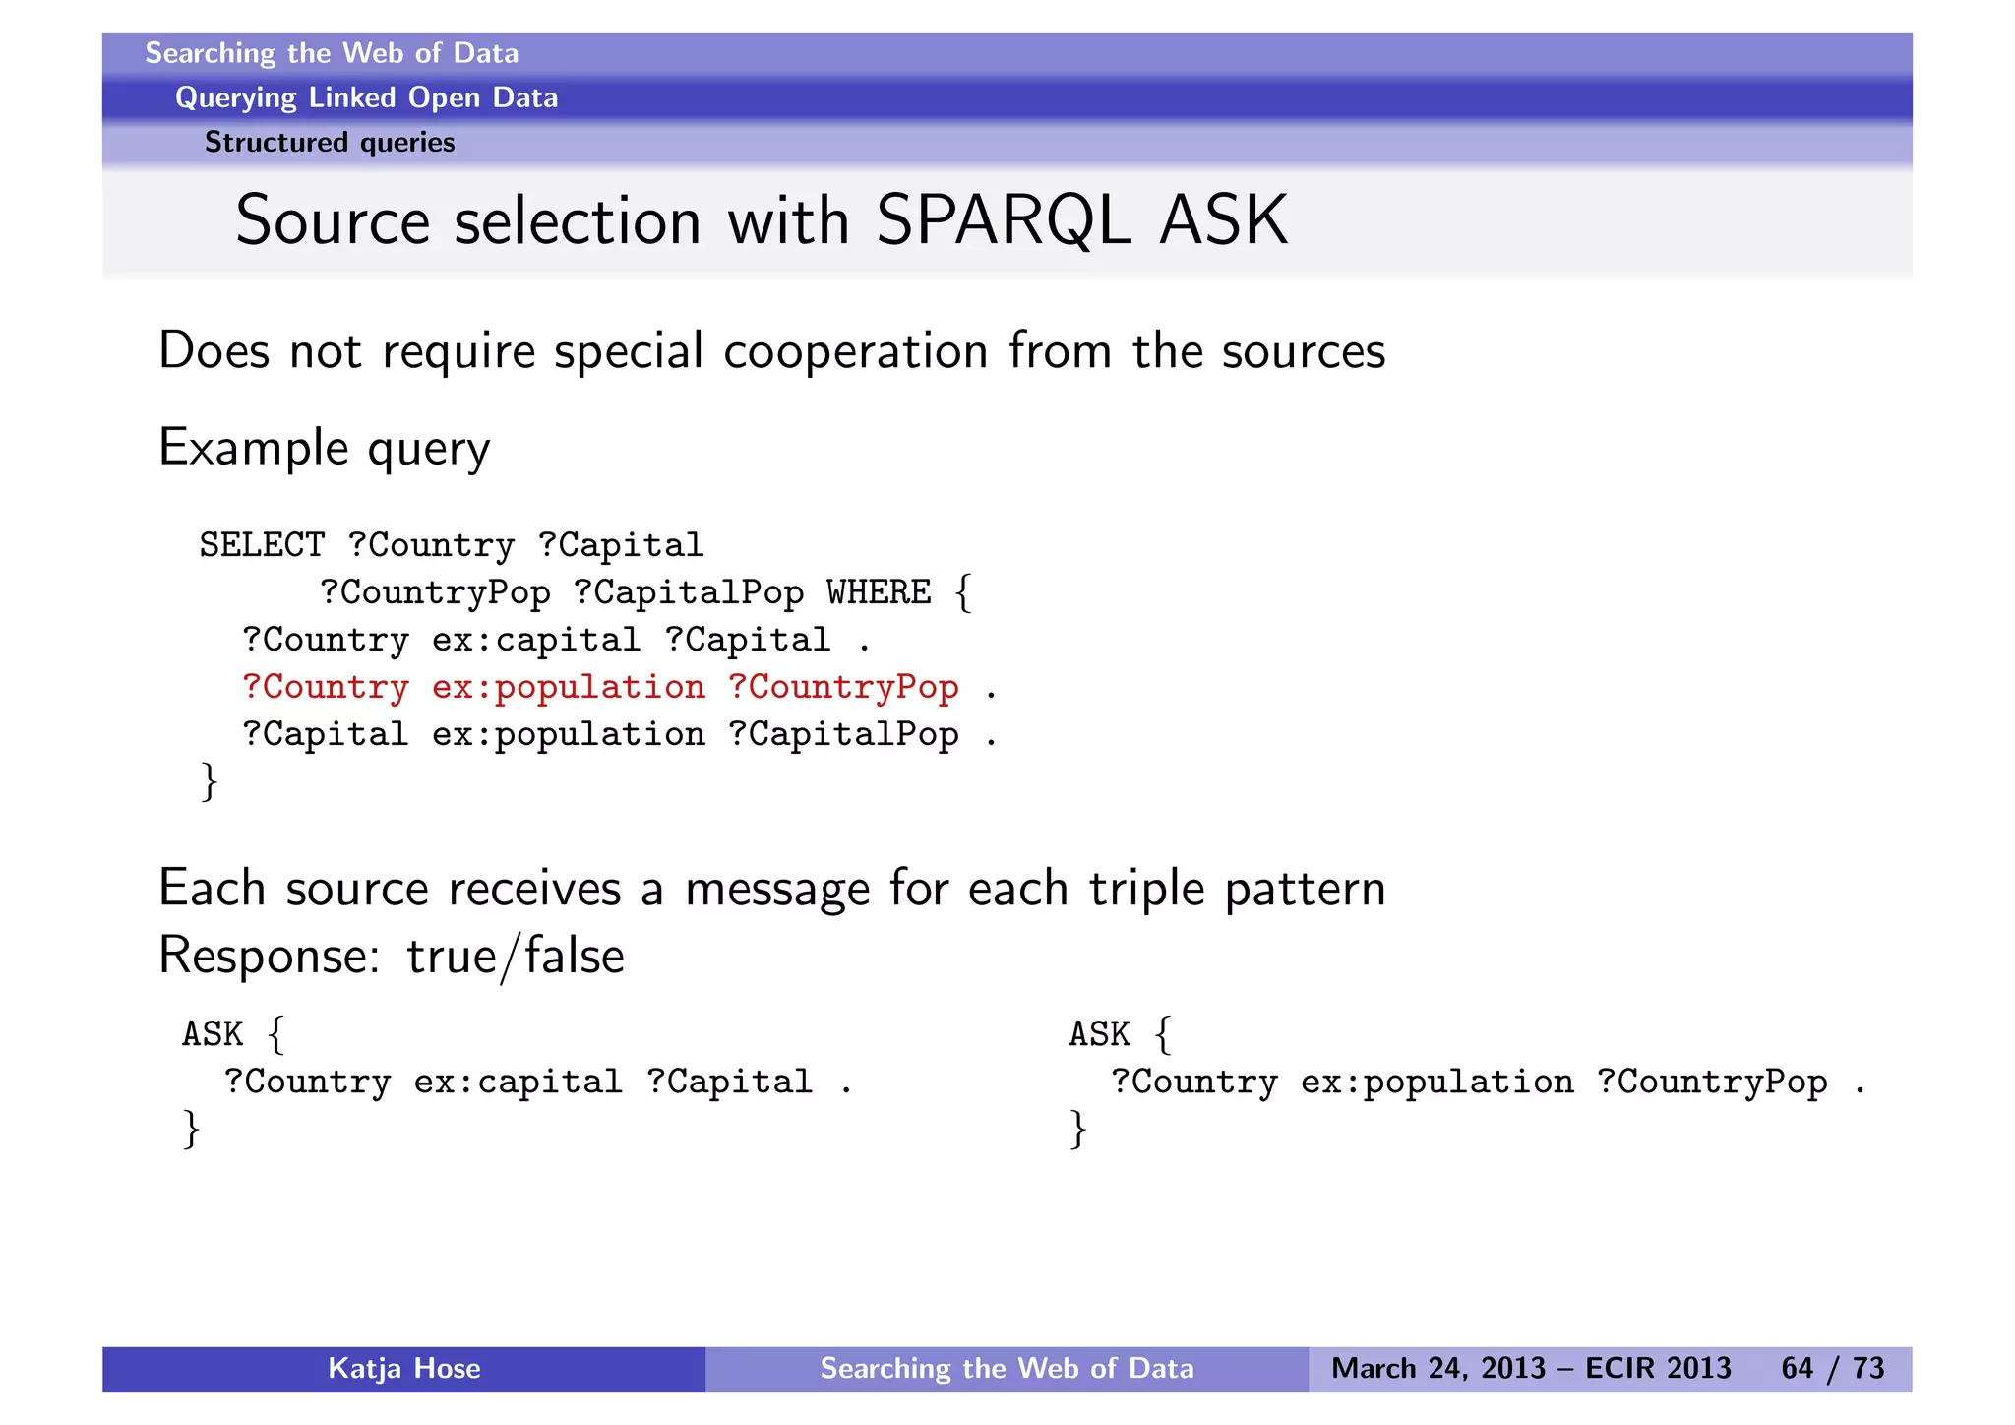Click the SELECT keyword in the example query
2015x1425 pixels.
pyautogui.click(x=262, y=545)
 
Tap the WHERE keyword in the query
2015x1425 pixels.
pyautogui.click(x=878, y=592)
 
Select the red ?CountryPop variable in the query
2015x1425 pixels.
pyautogui.click(x=843, y=687)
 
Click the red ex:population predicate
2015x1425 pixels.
pyautogui.click(x=568, y=687)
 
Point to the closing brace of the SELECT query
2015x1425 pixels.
pyautogui.click(x=209, y=781)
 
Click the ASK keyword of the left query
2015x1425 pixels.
pyautogui.click(x=213, y=1034)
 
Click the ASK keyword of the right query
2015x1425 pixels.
pyautogui.click(x=1100, y=1034)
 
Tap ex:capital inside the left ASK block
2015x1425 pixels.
pyautogui.click(x=518, y=1082)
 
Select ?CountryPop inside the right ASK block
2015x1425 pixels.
pyautogui.click(x=1712, y=1082)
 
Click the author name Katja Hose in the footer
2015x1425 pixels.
pyautogui.click(x=403, y=1368)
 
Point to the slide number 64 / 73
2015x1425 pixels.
pyautogui.click(x=1832, y=1368)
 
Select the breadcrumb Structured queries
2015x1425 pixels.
pyautogui.click(x=330, y=143)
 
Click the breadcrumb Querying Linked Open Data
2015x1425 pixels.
pyautogui.click(x=366, y=97)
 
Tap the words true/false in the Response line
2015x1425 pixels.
pyautogui.click(x=515, y=956)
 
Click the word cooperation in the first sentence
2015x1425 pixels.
pyautogui.click(x=855, y=351)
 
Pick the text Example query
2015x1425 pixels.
pyautogui.click(x=324, y=449)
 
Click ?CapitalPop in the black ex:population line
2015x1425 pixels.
pyautogui.click(x=843, y=734)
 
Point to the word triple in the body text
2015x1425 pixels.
pyautogui.click(x=1146, y=889)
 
